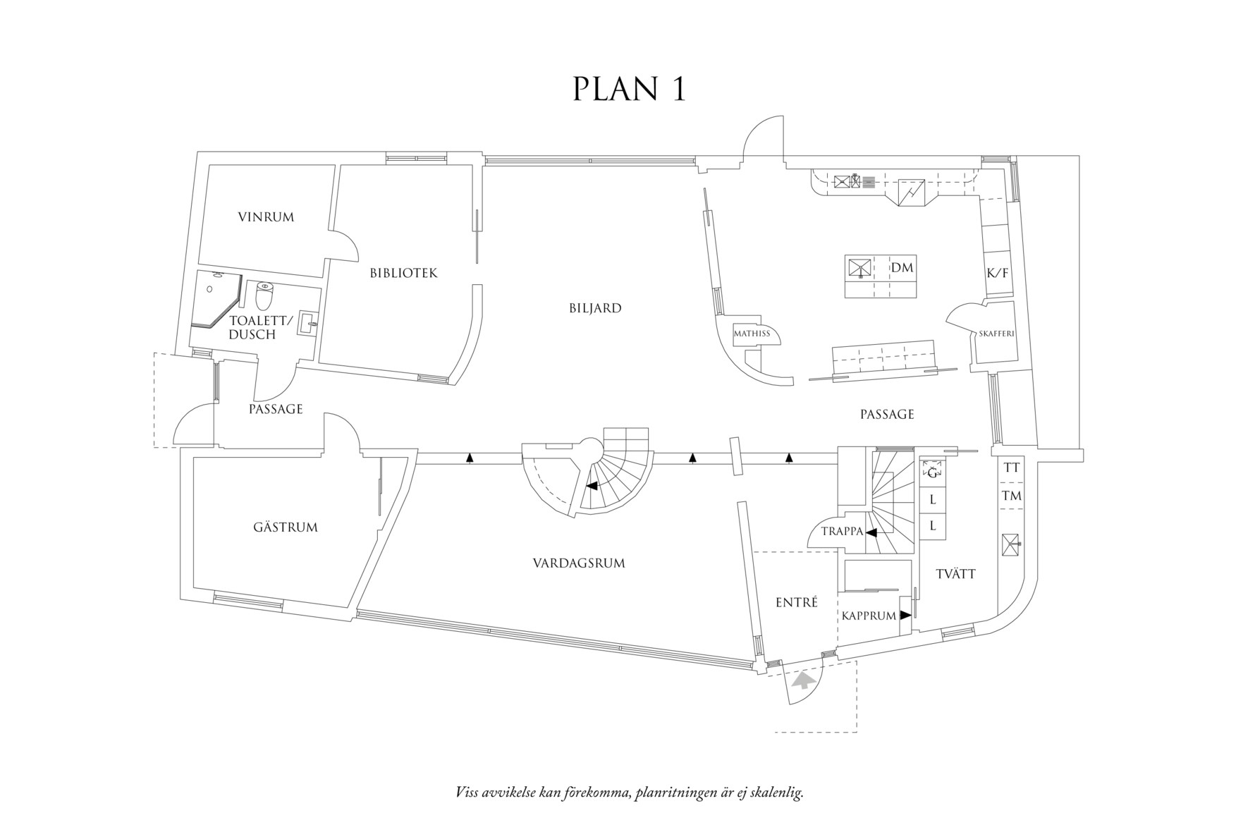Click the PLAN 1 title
coord(629,90)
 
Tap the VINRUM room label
coord(266,217)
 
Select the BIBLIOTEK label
coord(403,273)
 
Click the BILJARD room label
coord(595,308)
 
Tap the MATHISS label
coord(751,334)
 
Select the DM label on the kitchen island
coord(902,268)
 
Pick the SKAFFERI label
coord(996,334)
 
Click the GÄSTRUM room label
coord(285,527)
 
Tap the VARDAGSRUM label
coord(579,563)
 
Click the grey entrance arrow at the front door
coord(803,680)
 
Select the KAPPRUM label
coord(869,616)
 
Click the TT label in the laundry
coord(1012,468)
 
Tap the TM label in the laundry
coord(1012,496)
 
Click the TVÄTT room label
coord(956,574)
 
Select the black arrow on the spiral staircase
coord(593,486)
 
